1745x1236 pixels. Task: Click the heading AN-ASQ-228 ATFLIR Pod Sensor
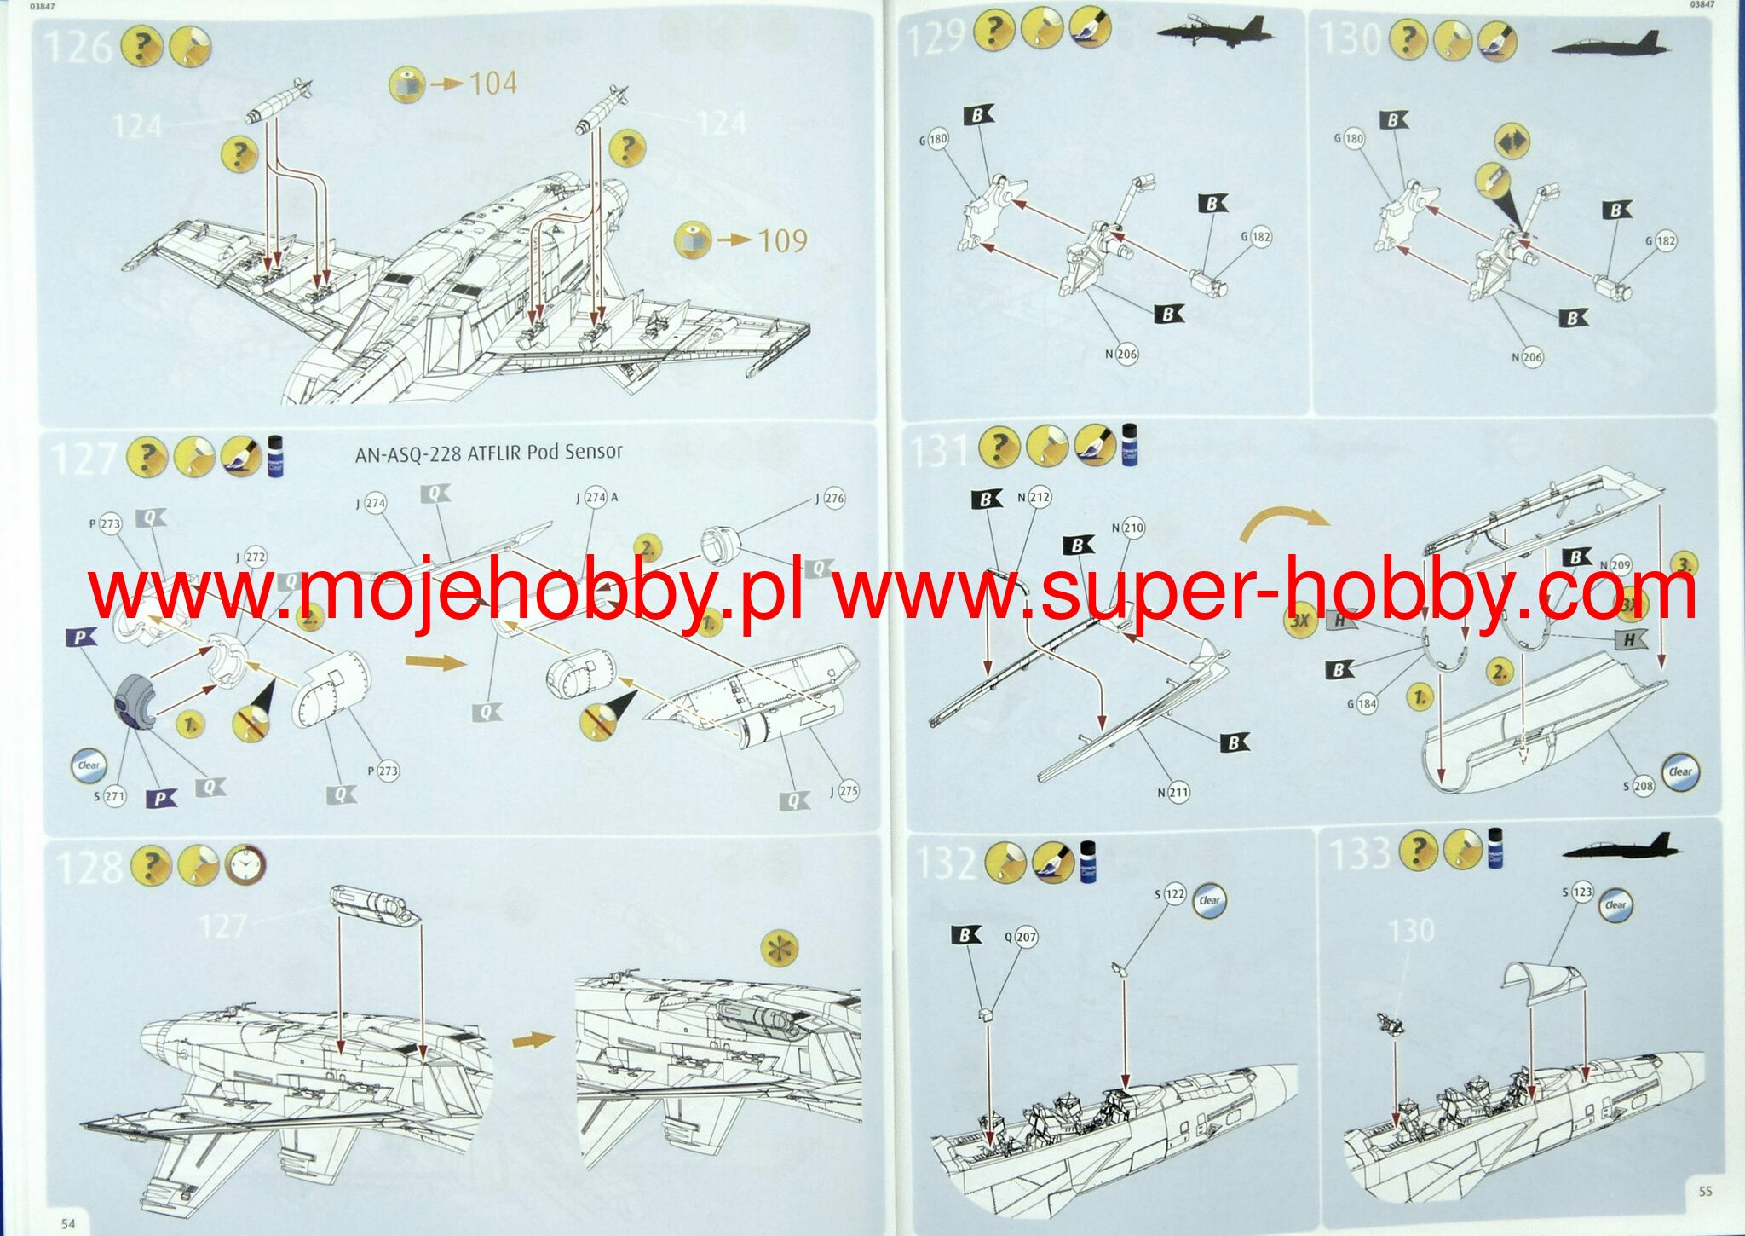click(488, 452)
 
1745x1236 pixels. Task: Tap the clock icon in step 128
click(245, 866)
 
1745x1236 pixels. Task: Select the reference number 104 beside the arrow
click(492, 84)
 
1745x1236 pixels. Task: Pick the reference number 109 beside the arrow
click(781, 240)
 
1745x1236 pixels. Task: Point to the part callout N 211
click(1172, 793)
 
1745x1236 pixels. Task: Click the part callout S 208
click(1637, 786)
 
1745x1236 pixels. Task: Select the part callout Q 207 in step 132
click(1021, 937)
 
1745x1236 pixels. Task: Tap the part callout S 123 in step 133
click(1577, 892)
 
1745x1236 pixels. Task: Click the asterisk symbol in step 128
click(780, 949)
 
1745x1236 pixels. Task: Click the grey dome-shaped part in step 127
click(135, 700)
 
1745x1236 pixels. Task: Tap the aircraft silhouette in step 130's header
click(1609, 44)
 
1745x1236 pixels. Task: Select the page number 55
click(1705, 1192)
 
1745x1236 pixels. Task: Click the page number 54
click(67, 1223)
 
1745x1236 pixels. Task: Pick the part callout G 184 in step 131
click(1362, 704)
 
